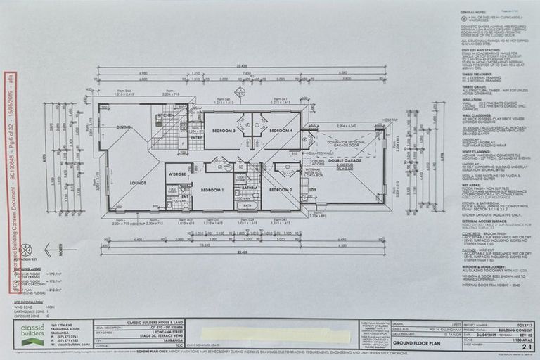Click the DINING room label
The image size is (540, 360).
tap(124, 127)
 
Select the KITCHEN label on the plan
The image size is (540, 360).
tap(166, 115)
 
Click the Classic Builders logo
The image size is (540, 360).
tap(32, 335)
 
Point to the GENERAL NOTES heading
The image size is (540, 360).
tap(475, 12)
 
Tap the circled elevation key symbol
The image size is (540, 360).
tap(26, 250)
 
